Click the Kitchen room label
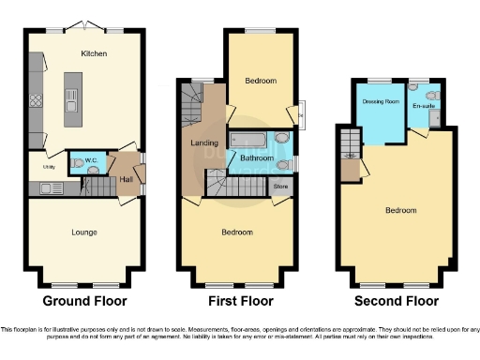[95, 53]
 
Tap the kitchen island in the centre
[69, 95]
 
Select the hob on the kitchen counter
[36, 97]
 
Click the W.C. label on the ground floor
[92, 160]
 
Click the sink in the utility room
[47, 189]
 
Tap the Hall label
[124, 177]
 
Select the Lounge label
[84, 232]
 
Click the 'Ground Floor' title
[84, 301]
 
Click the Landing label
[205, 142]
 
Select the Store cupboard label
[278, 187]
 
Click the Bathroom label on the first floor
[256, 159]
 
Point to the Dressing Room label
[381, 101]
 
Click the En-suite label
[424, 106]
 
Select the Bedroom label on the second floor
[401, 210]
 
